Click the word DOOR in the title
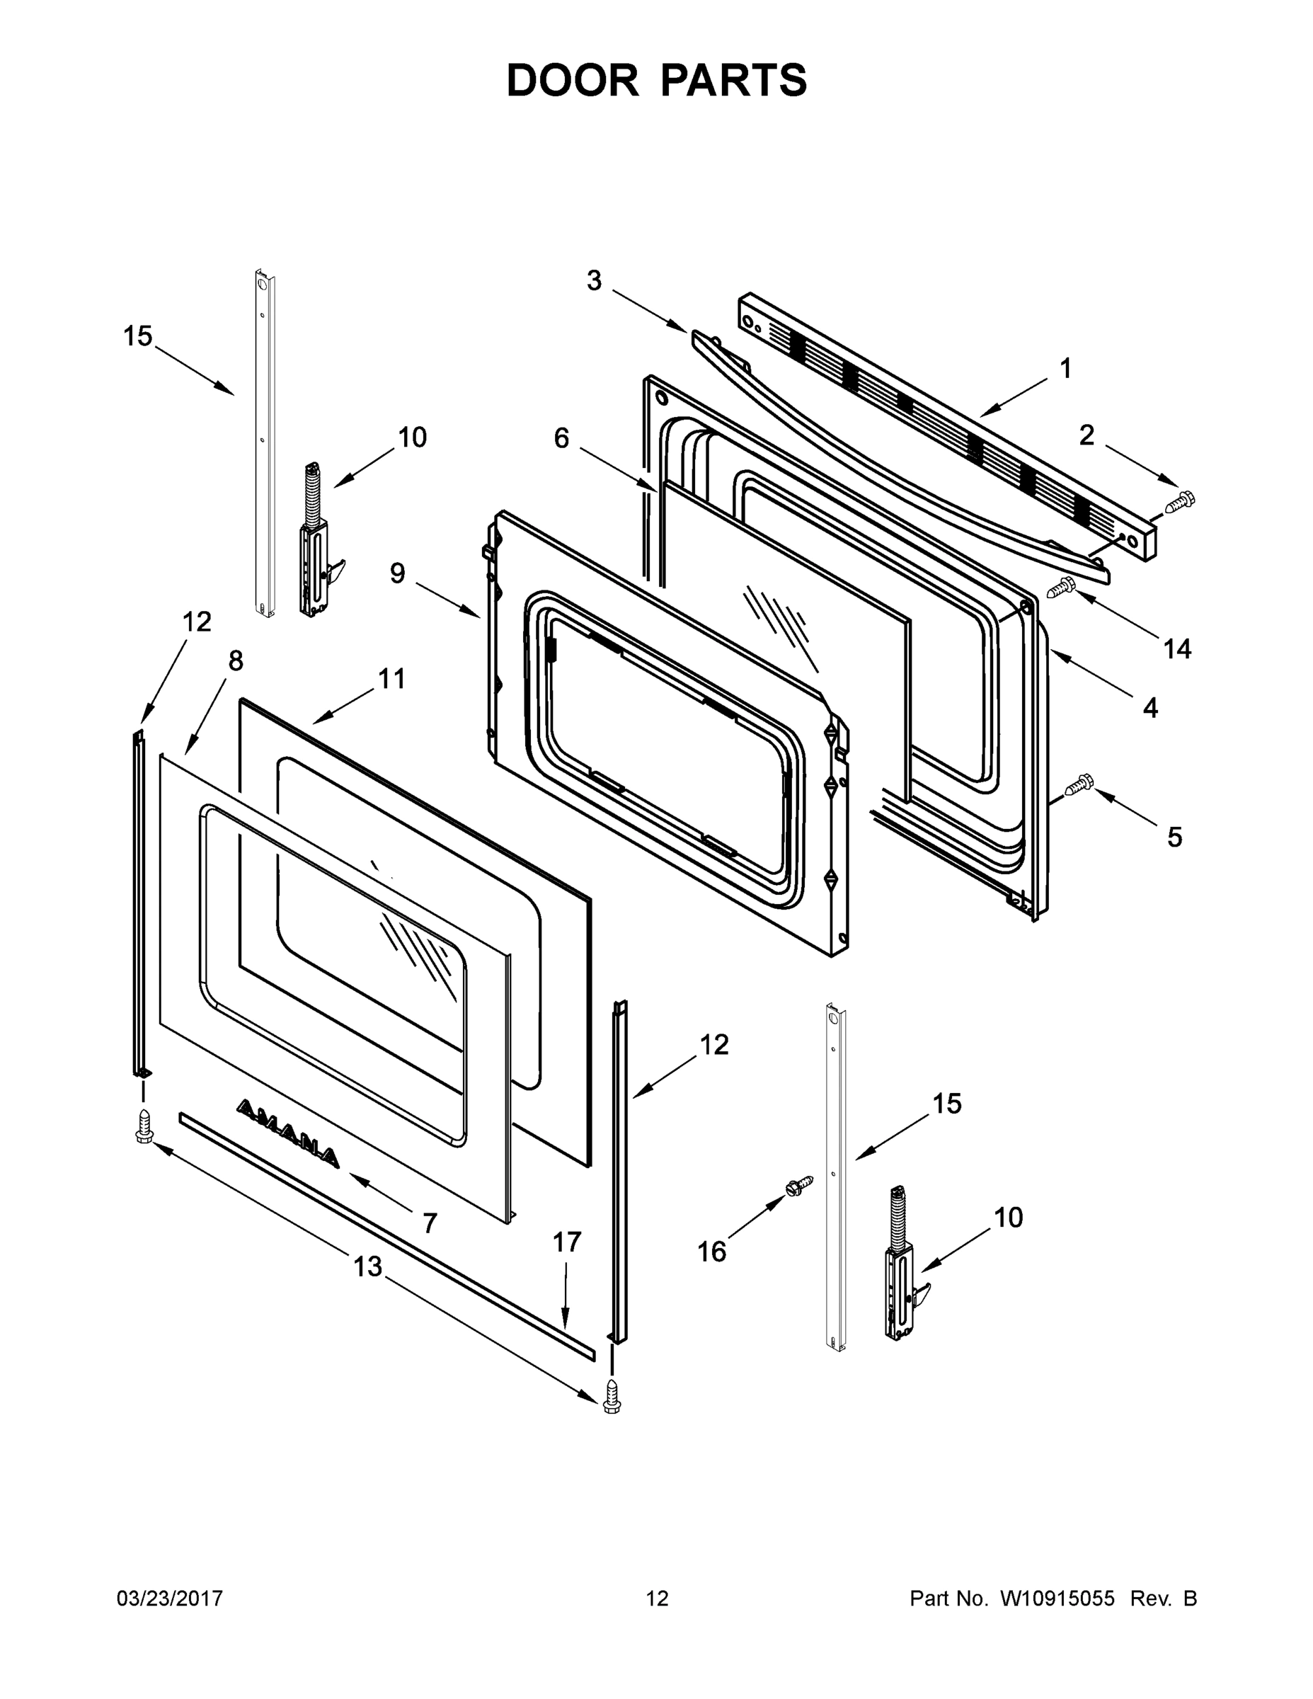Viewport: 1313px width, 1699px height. click(x=573, y=80)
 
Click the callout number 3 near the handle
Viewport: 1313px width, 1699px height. click(x=595, y=281)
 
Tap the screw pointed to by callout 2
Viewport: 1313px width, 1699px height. click(x=1180, y=501)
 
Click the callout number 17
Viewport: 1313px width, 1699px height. click(x=567, y=1242)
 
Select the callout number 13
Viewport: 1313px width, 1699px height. click(x=368, y=1266)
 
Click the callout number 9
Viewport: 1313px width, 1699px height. click(x=398, y=574)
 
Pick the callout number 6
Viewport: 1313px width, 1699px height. click(x=561, y=439)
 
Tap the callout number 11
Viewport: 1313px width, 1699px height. click(x=392, y=678)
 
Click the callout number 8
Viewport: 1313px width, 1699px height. click(x=236, y=661)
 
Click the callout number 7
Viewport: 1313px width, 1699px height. click(x=430, y=1223)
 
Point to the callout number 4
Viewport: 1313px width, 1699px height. click(x=1149, y=708)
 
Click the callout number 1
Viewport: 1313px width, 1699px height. click(x=1066, y=369)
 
